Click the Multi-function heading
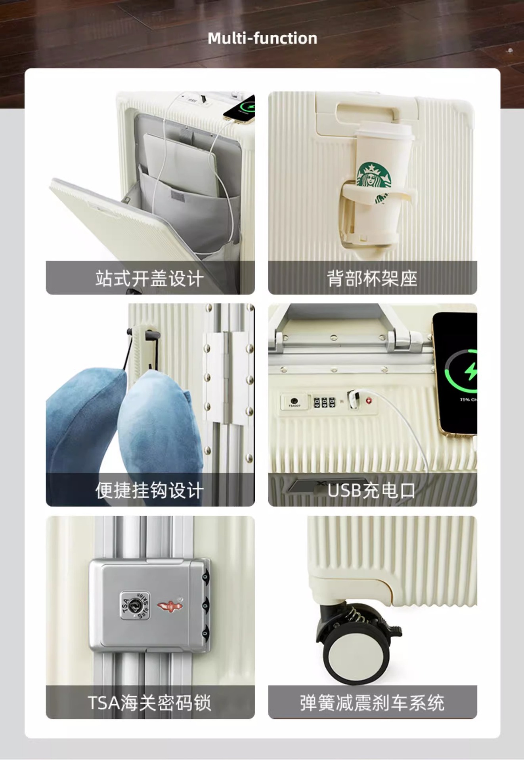262,38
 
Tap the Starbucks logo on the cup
374,176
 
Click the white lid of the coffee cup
384,131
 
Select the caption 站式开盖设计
150,278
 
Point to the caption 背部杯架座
372,278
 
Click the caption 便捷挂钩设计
150,490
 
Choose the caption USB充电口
371,490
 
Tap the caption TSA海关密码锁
149,703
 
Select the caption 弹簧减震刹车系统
372,703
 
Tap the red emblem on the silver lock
170,606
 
